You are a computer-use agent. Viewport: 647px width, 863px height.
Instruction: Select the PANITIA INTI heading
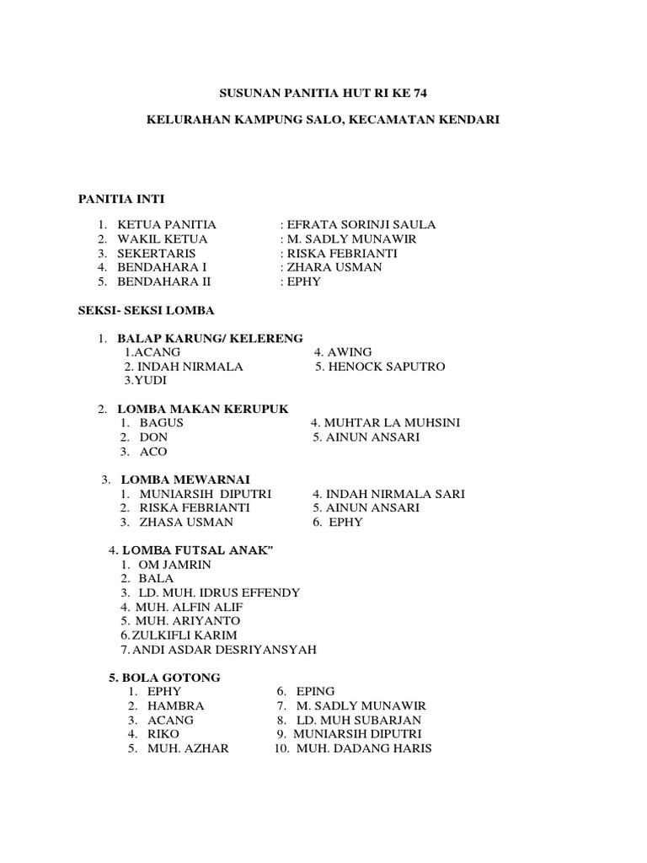click(121, 199)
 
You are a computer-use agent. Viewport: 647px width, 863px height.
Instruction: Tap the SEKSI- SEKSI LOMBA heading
click(142, 311)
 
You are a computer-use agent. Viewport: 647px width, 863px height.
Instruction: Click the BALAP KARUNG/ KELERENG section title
click(210, 338)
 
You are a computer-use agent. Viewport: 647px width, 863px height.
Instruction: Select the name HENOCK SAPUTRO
click(379, 367)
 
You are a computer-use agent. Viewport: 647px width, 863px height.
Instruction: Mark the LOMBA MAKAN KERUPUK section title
click(203, 409)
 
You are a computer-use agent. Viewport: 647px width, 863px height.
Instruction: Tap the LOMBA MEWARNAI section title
click(184, 480)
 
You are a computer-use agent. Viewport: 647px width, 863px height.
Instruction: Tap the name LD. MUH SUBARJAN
click(358, 721)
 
